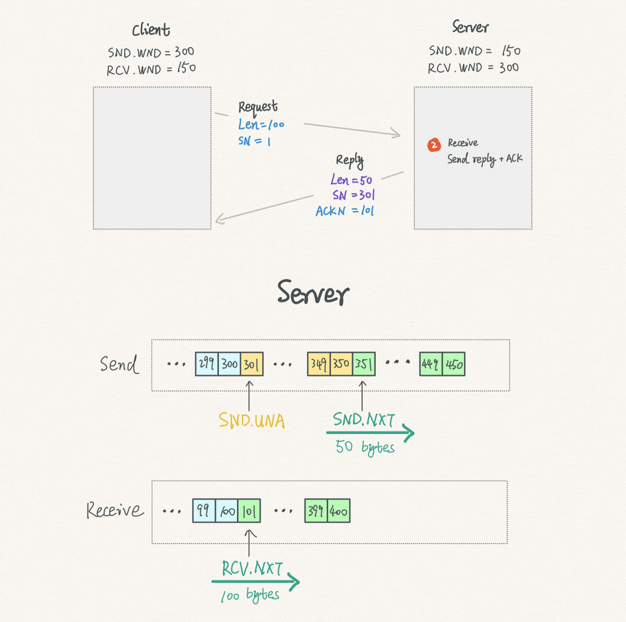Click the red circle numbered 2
click(434, 145)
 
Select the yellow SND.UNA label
click(252, 420)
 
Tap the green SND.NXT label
click(363, 419)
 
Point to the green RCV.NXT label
click(252, 568)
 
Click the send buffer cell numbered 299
click(207, 363)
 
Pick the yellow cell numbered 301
click(252, 363)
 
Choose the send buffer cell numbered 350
click(341, 363)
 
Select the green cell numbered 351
click(363, 363)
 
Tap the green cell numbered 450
click(453, 363)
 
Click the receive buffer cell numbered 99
click(204, 510)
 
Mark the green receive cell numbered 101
click(249, 510)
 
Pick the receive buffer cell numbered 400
click(339, 510)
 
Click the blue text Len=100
click(261, 125)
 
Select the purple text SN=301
click(354, 195)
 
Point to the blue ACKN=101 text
click(344, 210)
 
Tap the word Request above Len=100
click(258, 107)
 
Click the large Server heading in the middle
click(313, 293)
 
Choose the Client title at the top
click(151, 30)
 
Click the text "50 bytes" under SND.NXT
click(365, 447)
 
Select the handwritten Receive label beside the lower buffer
click(115, 510)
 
